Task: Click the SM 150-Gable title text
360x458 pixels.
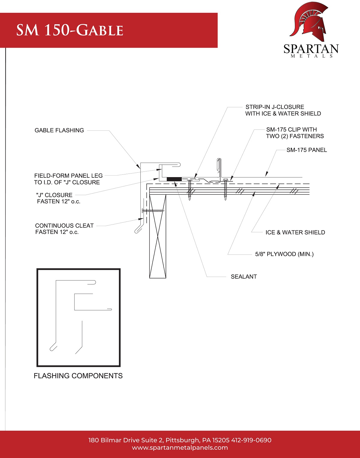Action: (x=70, y=30)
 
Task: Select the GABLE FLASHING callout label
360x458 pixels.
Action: (x=59, y=130)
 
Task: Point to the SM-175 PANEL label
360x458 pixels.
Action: (x=306, y=150)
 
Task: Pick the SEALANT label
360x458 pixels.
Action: (x=244, y=277)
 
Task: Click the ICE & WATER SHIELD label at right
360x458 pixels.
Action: (x=295, y=232)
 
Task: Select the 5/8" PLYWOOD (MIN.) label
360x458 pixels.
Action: (x=284, y=254)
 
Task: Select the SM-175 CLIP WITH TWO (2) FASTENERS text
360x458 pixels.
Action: (x=295, y=133)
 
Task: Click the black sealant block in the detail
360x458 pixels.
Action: (x=174, y=179)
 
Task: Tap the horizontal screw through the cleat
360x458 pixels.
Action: (x=153, y=211)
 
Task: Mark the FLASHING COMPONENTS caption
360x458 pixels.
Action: (x=78, y=376)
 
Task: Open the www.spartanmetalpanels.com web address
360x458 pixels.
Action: (x=180, y=448)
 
